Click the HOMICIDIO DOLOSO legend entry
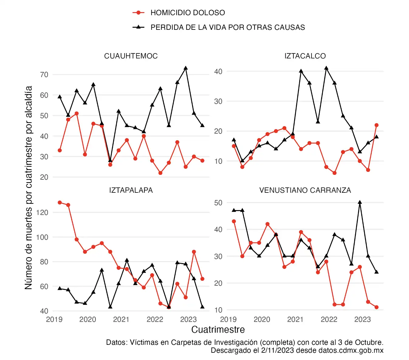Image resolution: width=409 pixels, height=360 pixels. (x=187, y=13)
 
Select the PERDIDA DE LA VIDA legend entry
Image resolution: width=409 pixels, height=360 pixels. (x=227, y=27)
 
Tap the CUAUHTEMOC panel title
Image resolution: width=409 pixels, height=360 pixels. (x=131, y=56)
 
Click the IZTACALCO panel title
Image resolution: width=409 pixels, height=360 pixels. (x=305, y=56)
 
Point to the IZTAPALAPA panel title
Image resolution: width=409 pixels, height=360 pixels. (x=131, y=190)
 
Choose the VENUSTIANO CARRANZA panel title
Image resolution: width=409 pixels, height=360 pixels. (x=305, y=190)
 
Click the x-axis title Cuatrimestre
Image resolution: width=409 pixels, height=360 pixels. (x=218, y=330)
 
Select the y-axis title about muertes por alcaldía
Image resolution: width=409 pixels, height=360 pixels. (x=29, y=187)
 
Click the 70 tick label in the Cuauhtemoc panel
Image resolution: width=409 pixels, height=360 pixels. (x=44, y=75)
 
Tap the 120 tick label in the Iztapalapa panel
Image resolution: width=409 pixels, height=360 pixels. (x=42, y=212)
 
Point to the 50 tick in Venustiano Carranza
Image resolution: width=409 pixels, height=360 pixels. (x=218, y=203)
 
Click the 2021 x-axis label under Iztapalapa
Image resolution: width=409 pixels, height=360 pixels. (x=121, y=319)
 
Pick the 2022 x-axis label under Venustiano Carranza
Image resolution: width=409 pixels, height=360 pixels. (x=329, y=319)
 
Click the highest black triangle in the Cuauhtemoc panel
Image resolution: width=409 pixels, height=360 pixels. (x=186, y=68)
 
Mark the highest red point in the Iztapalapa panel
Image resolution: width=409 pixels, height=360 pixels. (x=60, y=202)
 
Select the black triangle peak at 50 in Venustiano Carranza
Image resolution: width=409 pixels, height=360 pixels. (x=360, y=202)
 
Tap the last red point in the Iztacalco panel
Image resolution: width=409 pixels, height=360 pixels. (x=376, y=125)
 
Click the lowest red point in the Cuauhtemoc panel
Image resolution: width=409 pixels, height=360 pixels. (x=160, y=173)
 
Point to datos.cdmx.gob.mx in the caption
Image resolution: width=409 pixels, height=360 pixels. (x=351, y=350)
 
